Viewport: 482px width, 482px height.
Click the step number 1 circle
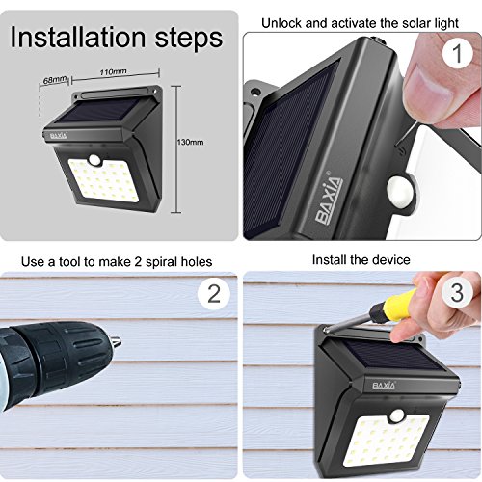[457, 53]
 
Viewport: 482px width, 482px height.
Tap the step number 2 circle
[214, 293]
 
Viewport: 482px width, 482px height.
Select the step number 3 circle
[457, 292]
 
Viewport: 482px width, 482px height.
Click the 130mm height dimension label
[190, 142]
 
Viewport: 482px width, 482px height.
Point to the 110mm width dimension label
[113, 71]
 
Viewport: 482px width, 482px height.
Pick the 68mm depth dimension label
[55, 80]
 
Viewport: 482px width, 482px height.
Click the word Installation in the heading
[78, 38]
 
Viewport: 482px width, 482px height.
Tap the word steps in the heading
[189, 40]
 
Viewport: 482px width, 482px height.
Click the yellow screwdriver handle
[391, 306]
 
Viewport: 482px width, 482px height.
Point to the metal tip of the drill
[116, 341]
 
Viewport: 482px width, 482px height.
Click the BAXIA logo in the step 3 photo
[384, 386]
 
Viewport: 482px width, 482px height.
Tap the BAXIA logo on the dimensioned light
[59, 136]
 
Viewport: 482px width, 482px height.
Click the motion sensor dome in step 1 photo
[400, 191]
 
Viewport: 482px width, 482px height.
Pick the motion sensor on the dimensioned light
[95, 159]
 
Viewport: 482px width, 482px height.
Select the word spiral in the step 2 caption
[161, 262]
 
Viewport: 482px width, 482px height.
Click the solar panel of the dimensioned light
[99, 110]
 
